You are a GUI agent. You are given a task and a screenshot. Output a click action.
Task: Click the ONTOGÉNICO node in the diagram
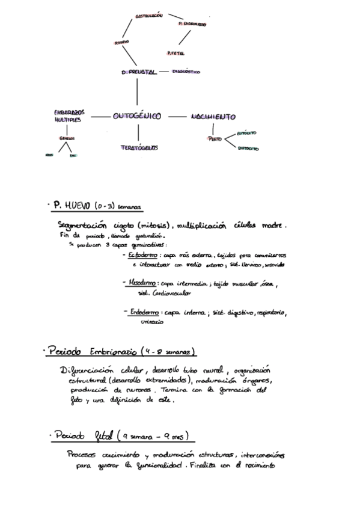tap(137, 117)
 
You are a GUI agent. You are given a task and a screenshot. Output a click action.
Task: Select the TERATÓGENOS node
tap(139, 147)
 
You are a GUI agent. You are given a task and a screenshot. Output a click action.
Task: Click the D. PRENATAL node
tap(139, 72)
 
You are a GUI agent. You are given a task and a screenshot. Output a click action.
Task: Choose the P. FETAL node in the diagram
tap(176, 52)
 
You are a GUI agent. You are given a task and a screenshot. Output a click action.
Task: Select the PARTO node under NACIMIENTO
tap(215, 139)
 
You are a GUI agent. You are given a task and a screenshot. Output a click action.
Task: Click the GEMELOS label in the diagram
tap(67, 138)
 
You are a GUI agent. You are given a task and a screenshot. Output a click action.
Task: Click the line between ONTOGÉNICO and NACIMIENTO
tap(177, 116)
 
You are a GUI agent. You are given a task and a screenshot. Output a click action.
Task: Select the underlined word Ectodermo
tap(142, 256)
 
